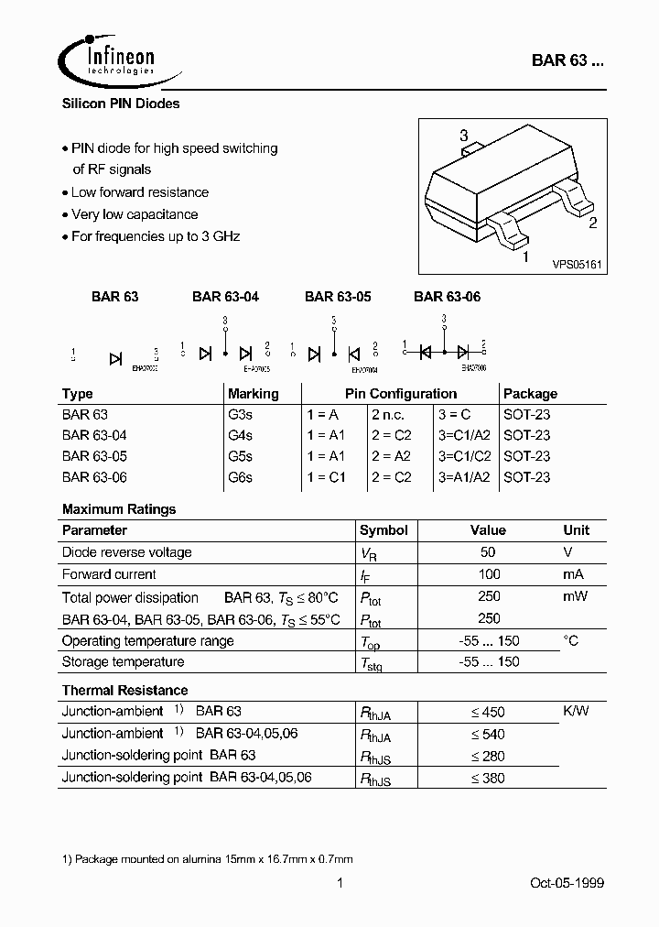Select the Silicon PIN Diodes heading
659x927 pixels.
pyautogui.click(x=121, y=104)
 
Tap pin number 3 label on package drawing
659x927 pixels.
pyautogui.click(x=463, y=136)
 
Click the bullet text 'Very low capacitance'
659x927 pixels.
pyautogui.click(x=135, y=214)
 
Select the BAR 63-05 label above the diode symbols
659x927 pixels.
pyautogui.click(x=338, y=296)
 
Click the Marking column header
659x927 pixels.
pyautogui.click(x=253, y=393)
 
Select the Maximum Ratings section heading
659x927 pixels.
pyautogui.click(x=119, y=509)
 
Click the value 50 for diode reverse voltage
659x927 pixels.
pyautogui.click(x=488, y=552)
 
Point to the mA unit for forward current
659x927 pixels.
pyautogui.click(x=574, y=574)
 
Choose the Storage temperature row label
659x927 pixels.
pyautogui.click(x=123, y=661)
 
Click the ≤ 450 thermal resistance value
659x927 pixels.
pyautogui.click(x=487, y=712)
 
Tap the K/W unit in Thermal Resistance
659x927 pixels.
pyautogui.click(x=575, y=712)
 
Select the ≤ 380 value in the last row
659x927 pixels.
pyautogui.click(x=487, y=778)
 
